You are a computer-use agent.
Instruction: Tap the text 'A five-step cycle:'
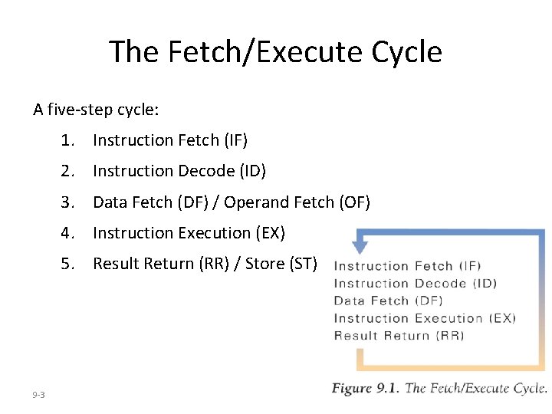[x=96, y=110]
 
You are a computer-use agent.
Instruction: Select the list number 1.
[x=71, y=140]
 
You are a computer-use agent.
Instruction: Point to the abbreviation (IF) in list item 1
[x=235, y=140]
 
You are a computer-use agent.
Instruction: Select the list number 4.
[x=71, y=233]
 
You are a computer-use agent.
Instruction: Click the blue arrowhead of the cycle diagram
[x=359, y=247]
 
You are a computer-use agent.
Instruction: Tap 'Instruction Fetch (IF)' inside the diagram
[x=407, y=266]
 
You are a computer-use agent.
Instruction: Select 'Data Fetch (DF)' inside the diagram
[x=388, y=301]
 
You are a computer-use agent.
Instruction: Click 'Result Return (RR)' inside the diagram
[x=399, y=335]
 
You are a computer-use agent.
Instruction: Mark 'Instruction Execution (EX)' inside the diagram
[x=425, y=318]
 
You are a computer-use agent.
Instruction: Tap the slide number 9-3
[x=39, y=395]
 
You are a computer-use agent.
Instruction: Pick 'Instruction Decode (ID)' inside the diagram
[x=415, y=284]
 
